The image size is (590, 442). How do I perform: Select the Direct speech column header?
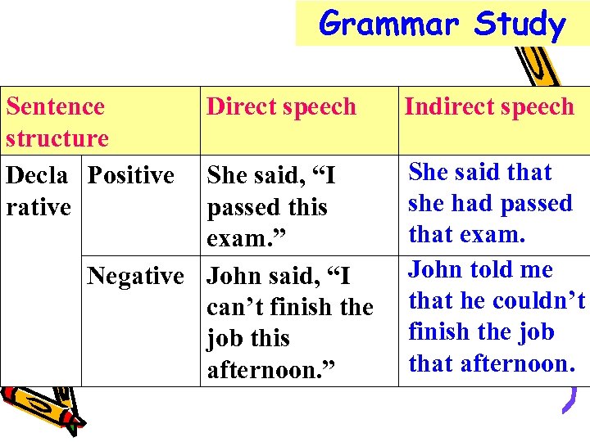pos(281,106)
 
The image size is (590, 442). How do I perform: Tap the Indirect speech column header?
pos(489,106)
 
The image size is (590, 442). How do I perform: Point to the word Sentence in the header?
pos(55,106)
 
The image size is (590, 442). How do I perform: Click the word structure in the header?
pos(57,138)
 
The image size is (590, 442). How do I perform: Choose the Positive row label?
pos(130,175)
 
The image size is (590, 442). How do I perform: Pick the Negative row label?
pos(135,276)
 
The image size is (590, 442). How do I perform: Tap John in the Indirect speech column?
pos(439,269)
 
